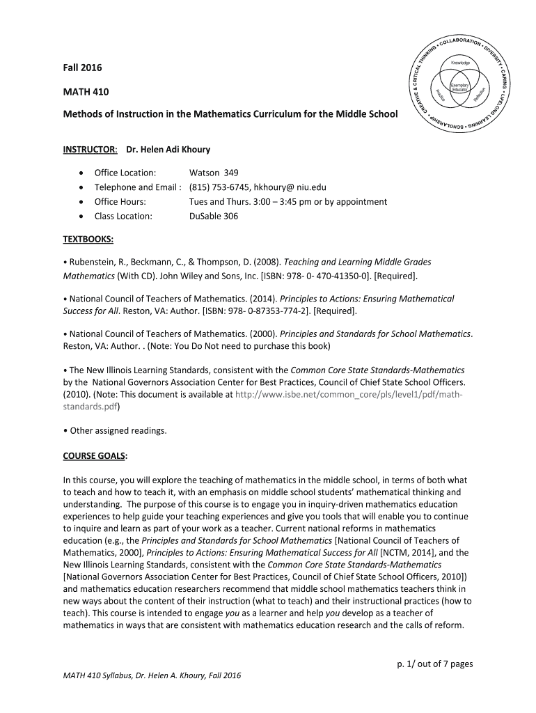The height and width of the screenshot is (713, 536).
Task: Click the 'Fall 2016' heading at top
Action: click(x=82, y=68)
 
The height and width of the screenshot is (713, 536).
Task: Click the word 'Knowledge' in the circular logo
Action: click(x=460, y=63)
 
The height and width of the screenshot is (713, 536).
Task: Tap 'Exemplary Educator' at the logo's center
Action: click(x=460, y=88)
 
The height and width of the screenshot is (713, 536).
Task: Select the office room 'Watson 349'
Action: click(x=214, y=173)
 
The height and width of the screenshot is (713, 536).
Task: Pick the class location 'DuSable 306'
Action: click(x=214, y=216)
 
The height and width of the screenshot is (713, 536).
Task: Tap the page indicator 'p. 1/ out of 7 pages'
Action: click(x=430, y=664)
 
